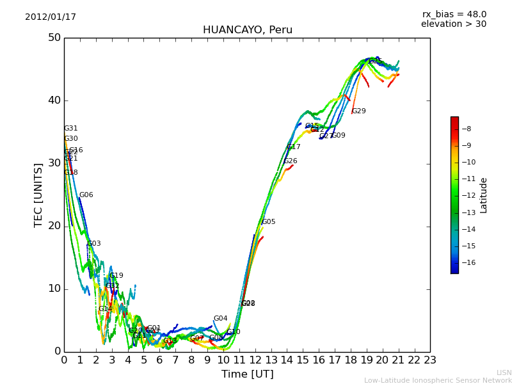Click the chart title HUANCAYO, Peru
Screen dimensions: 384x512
pyautogui.click(x=247, y=30)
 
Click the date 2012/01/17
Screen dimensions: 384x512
pyautogui.click(x=51, y=17)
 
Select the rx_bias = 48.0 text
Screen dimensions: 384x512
pyautogui.click(x=454, y=15)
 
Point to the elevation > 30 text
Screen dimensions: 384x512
pyautogui.click(x=453, y=24)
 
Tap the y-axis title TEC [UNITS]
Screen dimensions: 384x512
pyautogui.click(x=39, y=195)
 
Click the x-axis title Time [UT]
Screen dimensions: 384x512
pyautogui.click(x=247, y=374)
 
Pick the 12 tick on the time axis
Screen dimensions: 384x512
pyautogui.click(x=255, y=360)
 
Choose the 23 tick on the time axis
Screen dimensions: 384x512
pyautogui.click(x=430, y=360)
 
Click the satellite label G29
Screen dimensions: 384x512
pyautogui.click(x=359, y=111)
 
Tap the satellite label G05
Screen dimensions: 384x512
pyautogui.click(x=269, y=222)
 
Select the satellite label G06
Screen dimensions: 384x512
pyautogui.click(x=86, y=195)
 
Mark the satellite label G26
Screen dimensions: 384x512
pyautogui.click(x=291, y=161)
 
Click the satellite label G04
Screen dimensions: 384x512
pyautogui.click(x=221, y=319)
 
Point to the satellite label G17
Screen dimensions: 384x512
pyautogui.click(x=294, y=147)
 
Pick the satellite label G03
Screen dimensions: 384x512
pyautogui.click(x=94, y=244)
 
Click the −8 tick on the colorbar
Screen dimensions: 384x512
pyautogui.click(x=466, y=129)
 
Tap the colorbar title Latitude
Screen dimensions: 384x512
pyautogui.click(x=484, y=195)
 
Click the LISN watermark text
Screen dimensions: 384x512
pyautogui.click(x=504, y=372)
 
